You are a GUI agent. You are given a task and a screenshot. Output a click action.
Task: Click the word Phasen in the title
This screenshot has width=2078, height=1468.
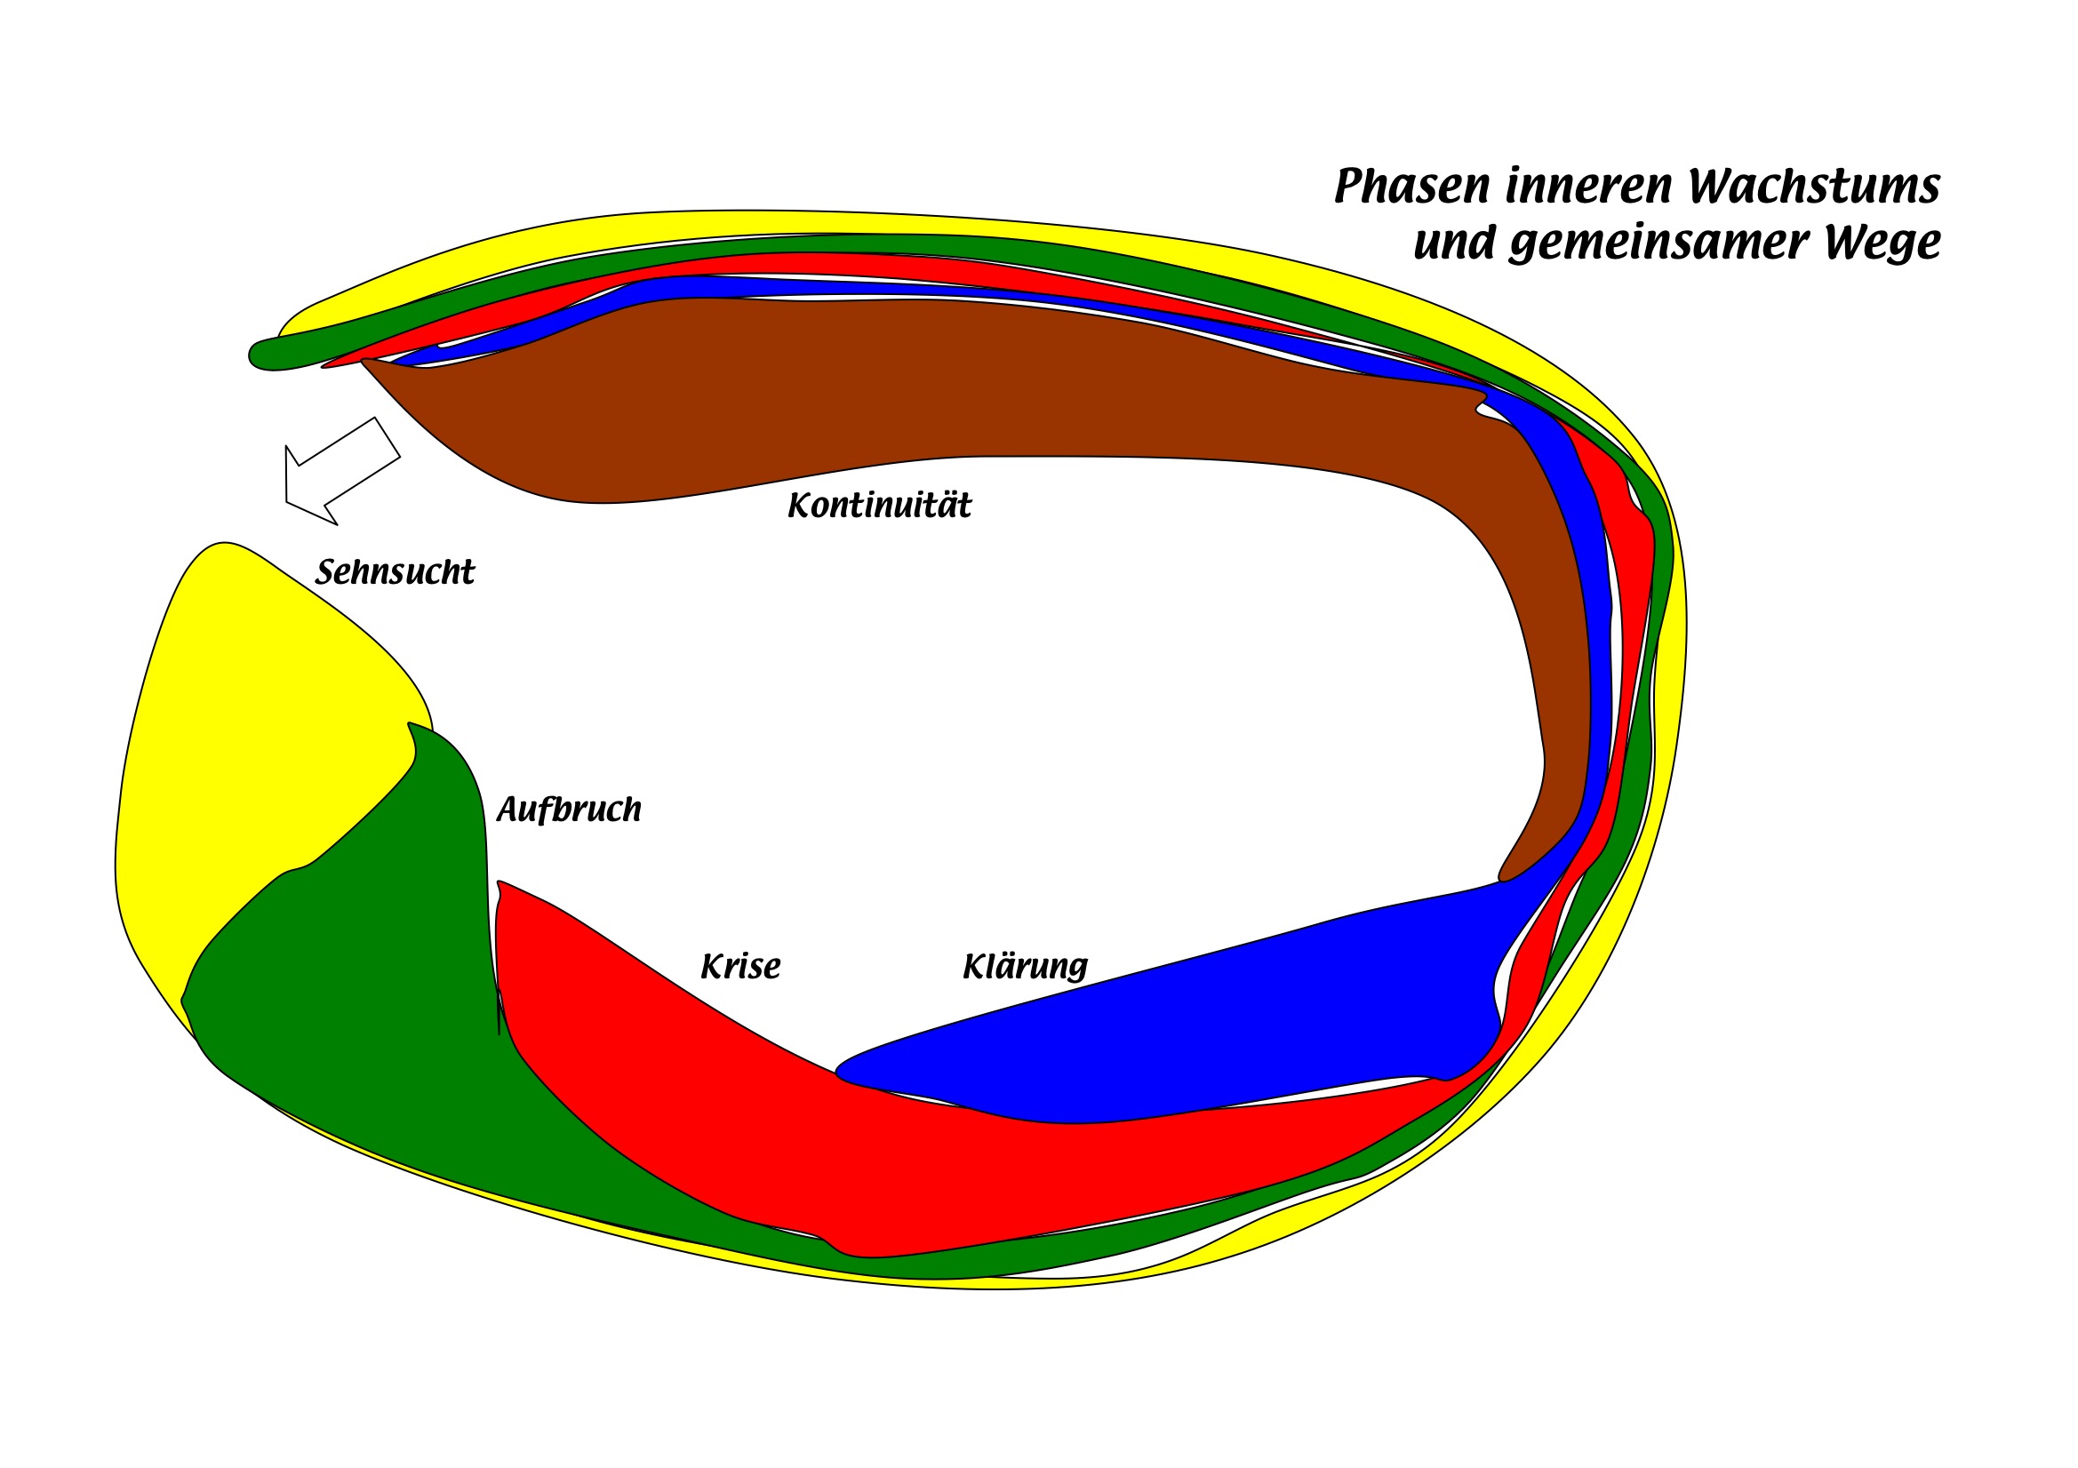tap(1412, 187)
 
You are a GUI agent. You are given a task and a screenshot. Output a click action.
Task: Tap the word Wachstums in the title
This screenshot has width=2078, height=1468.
tap(1814, 186)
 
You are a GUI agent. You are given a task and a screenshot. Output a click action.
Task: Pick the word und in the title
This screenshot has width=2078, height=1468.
tap(1453, 243)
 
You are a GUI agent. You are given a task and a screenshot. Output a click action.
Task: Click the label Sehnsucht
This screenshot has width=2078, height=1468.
tap(395, 573)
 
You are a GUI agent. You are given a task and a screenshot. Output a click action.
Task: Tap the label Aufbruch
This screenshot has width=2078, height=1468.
tap(568, 810)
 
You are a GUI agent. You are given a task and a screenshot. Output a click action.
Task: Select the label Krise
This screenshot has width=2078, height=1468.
tap(739, 968)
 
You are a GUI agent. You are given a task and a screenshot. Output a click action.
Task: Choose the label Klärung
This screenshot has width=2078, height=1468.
tap(1025, 967)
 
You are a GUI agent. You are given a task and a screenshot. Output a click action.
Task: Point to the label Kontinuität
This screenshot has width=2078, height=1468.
tap(879, 506)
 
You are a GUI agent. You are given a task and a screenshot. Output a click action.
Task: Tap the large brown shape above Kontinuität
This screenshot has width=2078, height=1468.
tap(905, 389)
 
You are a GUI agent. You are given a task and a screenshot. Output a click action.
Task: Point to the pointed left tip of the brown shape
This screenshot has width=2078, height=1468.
tap(364, 362)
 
